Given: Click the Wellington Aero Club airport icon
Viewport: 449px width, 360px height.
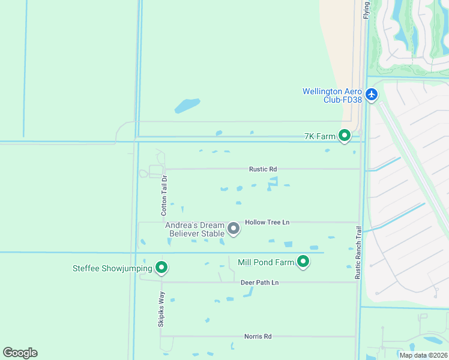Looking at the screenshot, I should click(x=372, y=94).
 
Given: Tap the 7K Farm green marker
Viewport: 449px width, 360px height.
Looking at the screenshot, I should click(x=345, y=136).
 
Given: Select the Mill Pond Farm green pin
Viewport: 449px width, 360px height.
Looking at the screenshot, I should click(x=304, y=262).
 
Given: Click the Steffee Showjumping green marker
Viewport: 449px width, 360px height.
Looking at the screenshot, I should click(x=161, y=268).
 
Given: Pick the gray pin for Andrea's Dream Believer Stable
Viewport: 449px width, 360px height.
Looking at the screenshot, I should click(x=234, y=229).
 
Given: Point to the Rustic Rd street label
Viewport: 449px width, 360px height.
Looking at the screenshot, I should click(x=263, y=170).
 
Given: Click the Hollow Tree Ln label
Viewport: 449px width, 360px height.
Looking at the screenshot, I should click(x=267, y=222).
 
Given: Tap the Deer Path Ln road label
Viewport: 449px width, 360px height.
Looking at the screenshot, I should click(x=260, y=283).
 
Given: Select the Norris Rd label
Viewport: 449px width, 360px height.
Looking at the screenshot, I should click(x=258, y=337).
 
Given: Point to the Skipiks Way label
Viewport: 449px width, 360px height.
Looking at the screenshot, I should click(x=161, y=311).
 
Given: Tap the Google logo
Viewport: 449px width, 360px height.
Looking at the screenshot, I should click(x=20, y=353).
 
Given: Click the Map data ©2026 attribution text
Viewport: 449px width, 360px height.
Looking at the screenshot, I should click(x=423, y=355).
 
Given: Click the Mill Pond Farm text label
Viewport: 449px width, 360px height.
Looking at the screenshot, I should click(x=266, y=262).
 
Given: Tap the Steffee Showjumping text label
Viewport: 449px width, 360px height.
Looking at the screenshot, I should click(x=112, y=268).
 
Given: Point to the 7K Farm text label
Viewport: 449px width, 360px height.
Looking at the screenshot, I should click(x=319, y=137).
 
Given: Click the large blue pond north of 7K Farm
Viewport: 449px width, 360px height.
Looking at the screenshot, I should click(x=187, y=106).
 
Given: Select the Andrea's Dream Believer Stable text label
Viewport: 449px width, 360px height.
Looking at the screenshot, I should click(x=194, y=229).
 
